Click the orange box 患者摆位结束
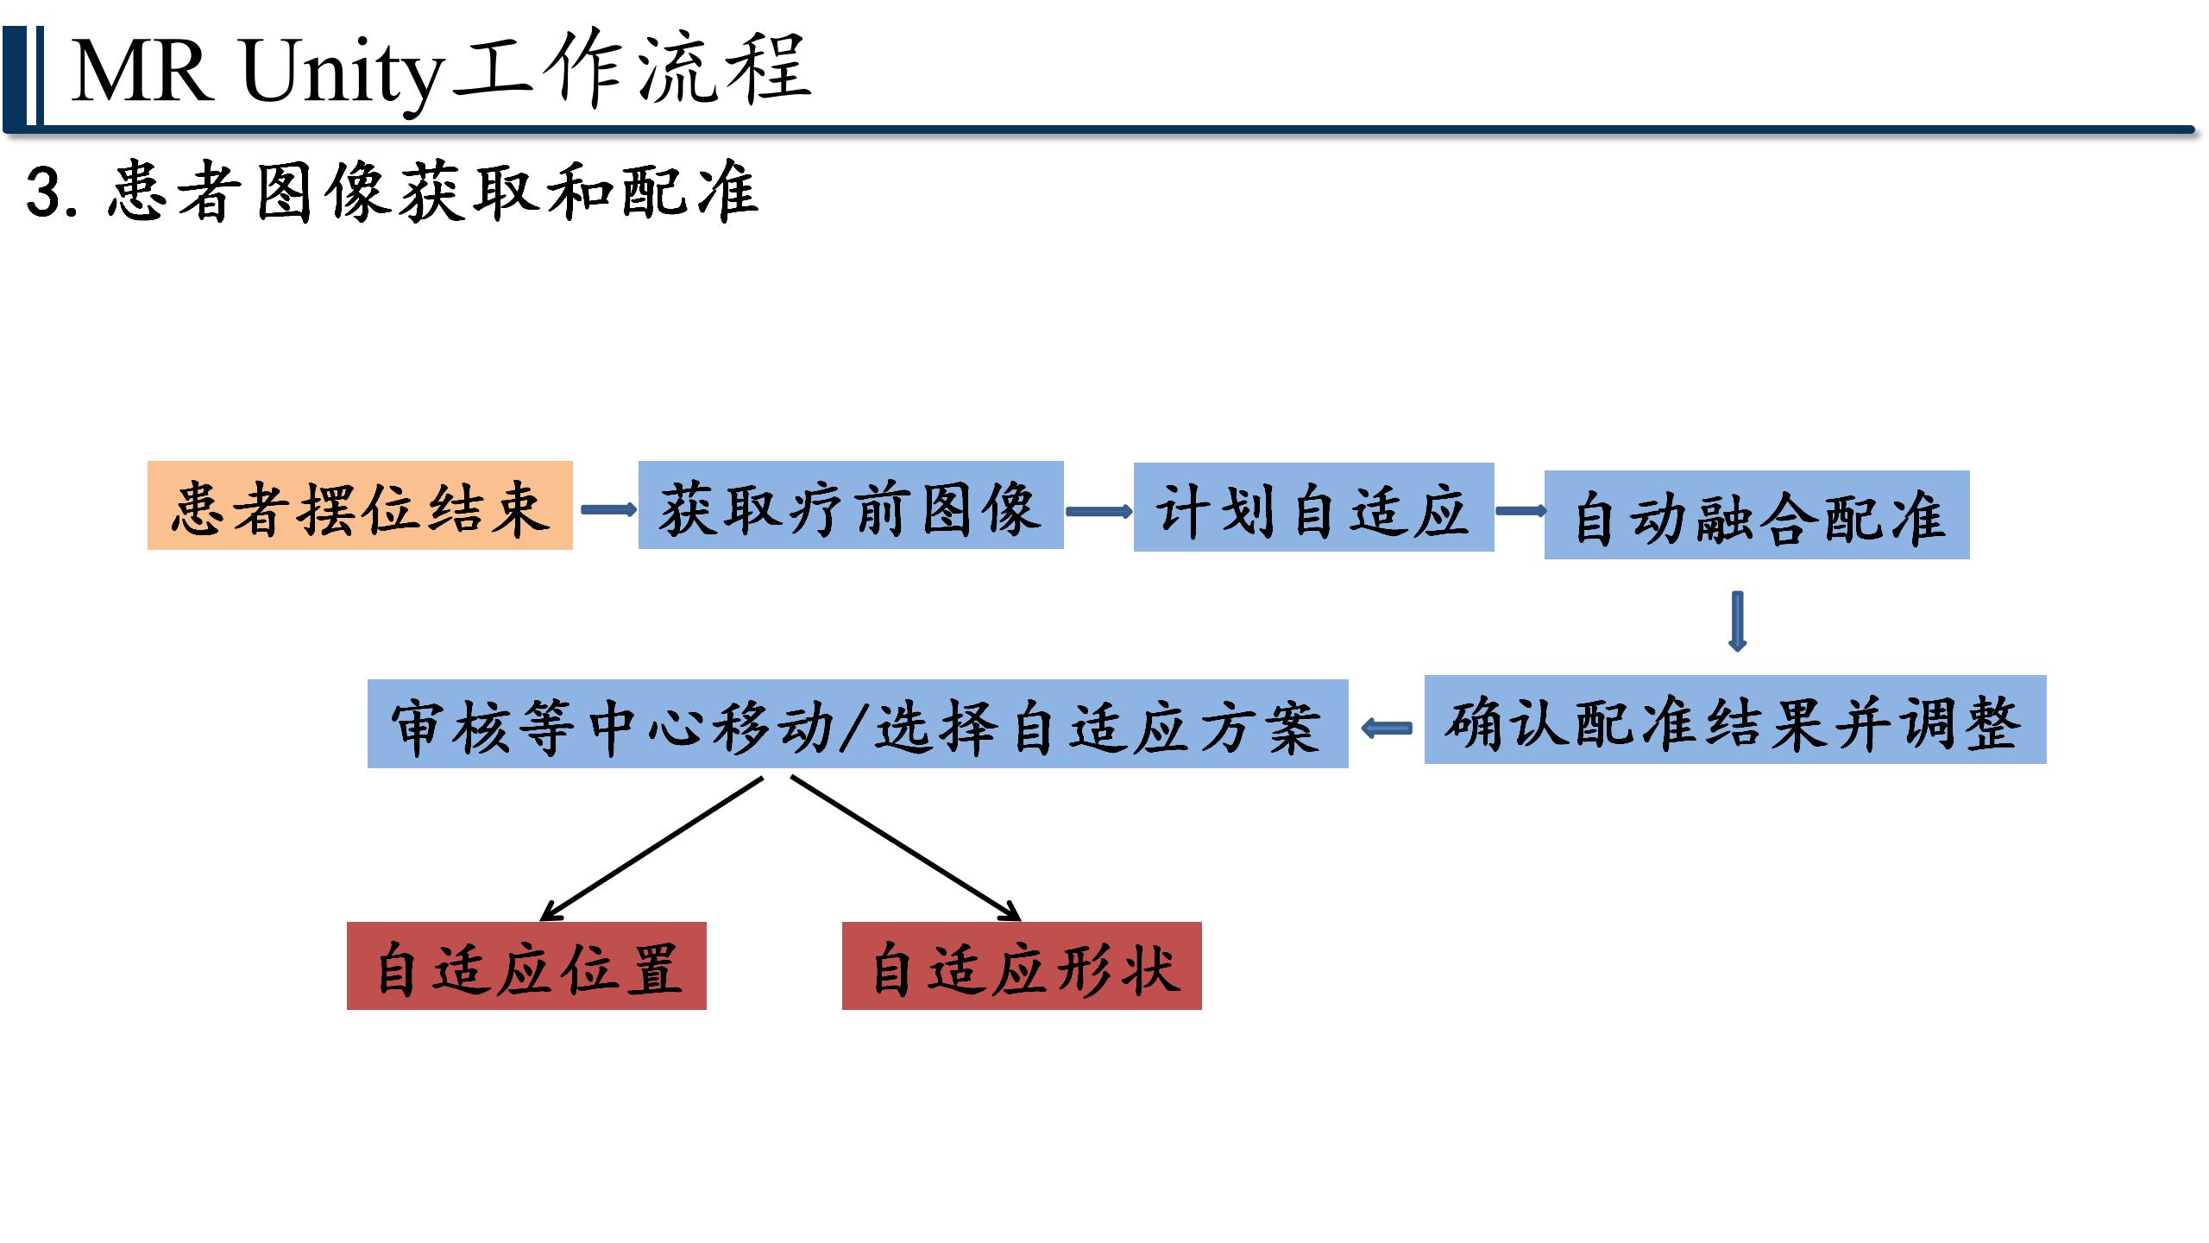[360, 505]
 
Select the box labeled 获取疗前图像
[851, 505]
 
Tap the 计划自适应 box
[1313, 507]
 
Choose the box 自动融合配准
[1757, 514]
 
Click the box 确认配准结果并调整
[1735, 719]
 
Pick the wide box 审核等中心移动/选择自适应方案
[858, 723]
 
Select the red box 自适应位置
[526, 966]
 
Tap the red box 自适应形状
[1022, 966]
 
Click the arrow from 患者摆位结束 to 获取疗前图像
[609, 509]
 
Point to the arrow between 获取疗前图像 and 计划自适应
[1099, 512]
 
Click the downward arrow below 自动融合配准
[1738, 621]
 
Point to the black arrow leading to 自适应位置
[651, 849]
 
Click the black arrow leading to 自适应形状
[906, 849]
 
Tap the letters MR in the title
[142, 71]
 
